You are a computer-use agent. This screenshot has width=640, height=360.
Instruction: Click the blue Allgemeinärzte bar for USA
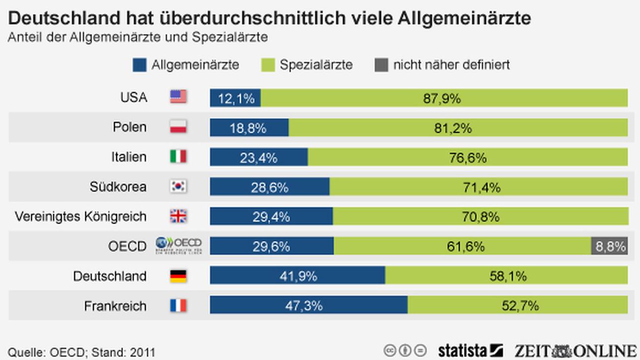(235, 98)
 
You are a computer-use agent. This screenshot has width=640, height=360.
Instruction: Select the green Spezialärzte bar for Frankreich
(517, 305)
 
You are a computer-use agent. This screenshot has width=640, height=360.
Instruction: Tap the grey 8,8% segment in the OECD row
(609, 246)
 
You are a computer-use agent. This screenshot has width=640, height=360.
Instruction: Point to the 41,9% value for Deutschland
(298, 276)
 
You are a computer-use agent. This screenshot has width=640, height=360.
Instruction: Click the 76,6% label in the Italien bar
(468, 157)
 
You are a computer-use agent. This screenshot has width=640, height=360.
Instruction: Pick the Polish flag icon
(178, 127)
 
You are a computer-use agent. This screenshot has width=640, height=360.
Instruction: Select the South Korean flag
(178, 187)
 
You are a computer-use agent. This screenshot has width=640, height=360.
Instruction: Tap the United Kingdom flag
(178, 216)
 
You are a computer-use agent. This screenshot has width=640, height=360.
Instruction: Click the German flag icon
(178, 276)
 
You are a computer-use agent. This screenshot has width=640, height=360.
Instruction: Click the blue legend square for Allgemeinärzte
(140, 65)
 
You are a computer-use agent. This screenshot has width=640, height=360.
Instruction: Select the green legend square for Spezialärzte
(268, 65)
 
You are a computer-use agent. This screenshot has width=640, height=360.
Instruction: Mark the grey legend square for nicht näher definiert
(381, 65)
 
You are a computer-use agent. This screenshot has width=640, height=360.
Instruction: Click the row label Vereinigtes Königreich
(80, 216)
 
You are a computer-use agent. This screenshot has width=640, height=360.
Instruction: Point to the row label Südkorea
(118, 187)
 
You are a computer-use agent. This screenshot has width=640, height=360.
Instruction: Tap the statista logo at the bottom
(470, 351)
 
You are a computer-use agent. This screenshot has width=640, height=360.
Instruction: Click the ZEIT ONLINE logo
(575, 351)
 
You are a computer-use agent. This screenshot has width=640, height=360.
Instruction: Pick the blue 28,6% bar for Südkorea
(270, 187)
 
